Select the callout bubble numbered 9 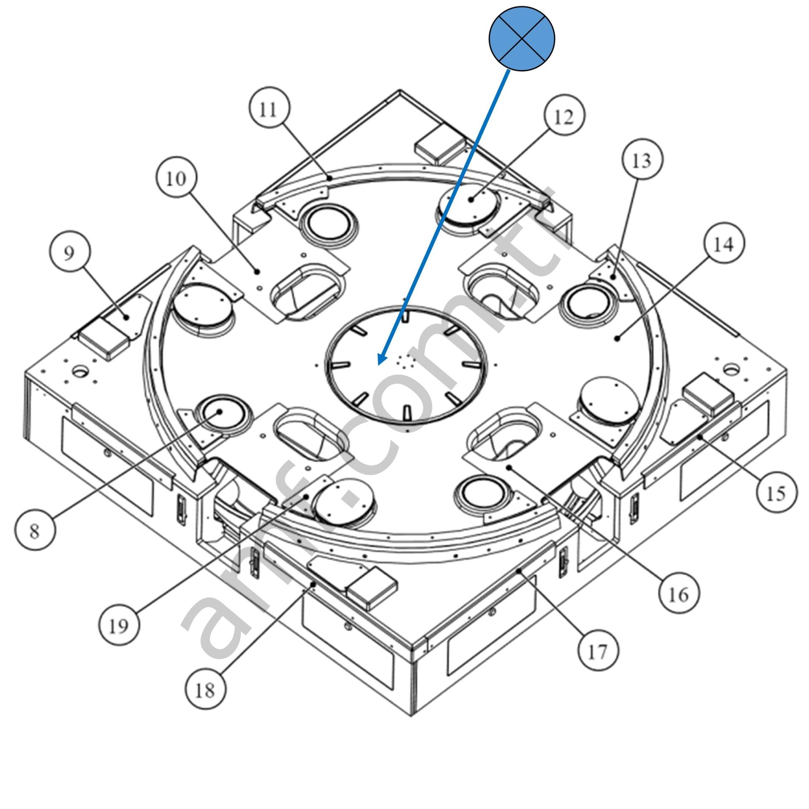(x=69, y=253)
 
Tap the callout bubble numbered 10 (x=176, y=179)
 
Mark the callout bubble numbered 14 (x=724, y=244)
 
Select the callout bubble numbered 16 (x=679, y=594)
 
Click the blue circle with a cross (x=522, y=39)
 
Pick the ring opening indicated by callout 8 (x=221, y=413)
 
